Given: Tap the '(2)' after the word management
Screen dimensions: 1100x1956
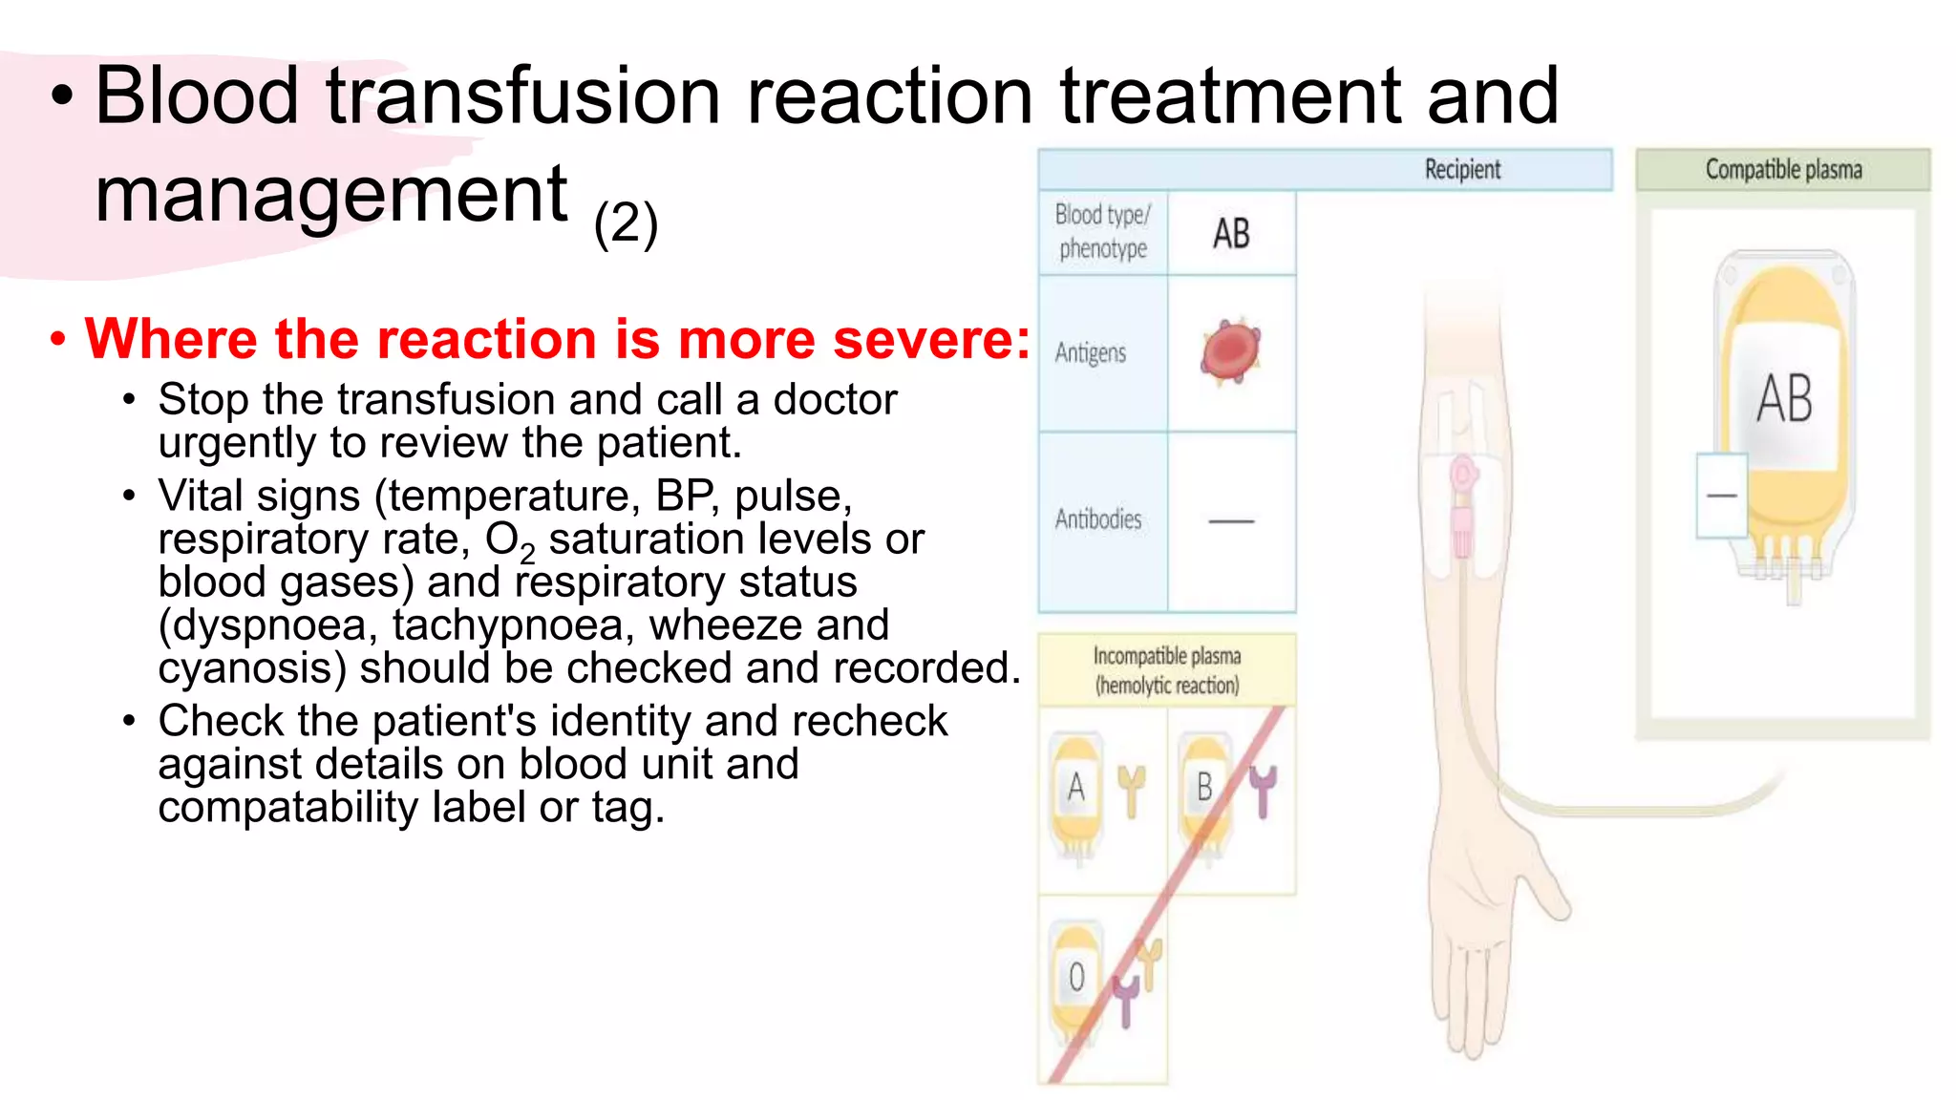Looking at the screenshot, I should tap(626, 224).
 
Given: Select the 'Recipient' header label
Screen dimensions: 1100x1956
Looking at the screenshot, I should tap(1462, 170).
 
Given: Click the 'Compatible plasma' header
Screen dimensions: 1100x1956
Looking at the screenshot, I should tap(1783, 170).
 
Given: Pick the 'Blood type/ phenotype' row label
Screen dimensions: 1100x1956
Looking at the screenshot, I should tap(1103, 232).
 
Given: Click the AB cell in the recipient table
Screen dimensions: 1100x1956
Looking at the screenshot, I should tap(1231, 234).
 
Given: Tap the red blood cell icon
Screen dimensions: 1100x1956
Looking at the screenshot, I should tap(1231, 351).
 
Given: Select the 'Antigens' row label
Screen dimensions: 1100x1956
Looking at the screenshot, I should tap(1091, 353).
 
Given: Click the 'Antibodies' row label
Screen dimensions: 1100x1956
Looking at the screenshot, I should tap(1098, 519).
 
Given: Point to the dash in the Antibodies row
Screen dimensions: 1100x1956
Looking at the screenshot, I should tap(1231, 521).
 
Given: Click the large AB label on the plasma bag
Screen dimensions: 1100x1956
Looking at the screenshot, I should tap(1784, 399).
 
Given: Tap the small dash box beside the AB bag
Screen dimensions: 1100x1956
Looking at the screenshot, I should tap(1721, 496).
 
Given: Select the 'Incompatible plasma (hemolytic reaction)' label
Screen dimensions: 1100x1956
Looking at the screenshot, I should tap(1166, 670).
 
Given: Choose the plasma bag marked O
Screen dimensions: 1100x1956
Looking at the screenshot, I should tap(1076, 979).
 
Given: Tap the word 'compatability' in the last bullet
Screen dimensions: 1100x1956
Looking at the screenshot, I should tap(288, 808).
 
